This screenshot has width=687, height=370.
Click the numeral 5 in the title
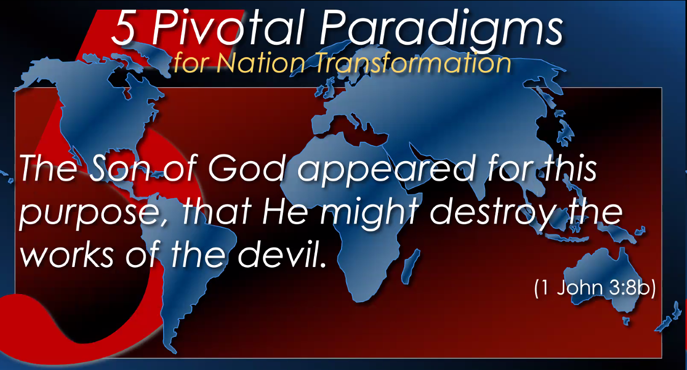click(123, 28)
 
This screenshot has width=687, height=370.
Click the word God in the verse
click(247, 168)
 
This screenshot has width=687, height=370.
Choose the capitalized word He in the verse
click(285, 212)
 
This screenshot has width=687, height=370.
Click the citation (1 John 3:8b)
click(595, 288)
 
